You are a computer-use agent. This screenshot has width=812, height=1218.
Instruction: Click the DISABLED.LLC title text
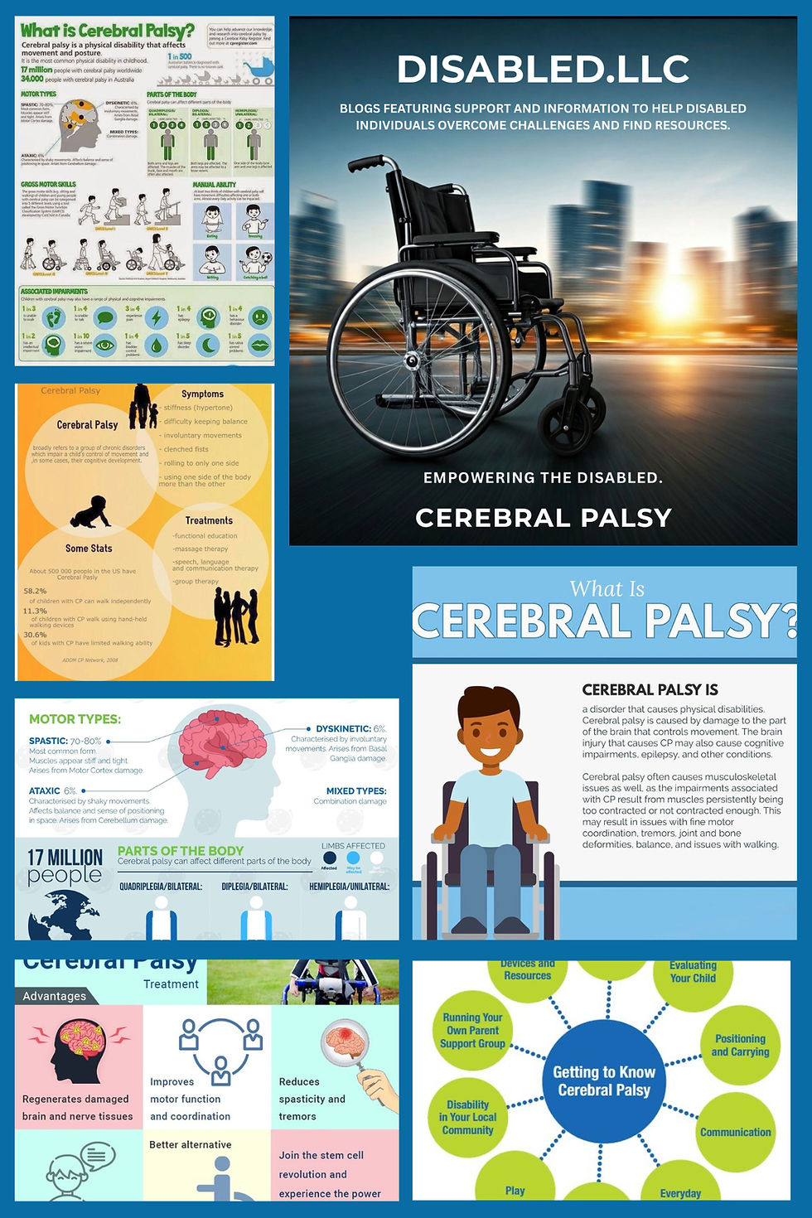[543, 70]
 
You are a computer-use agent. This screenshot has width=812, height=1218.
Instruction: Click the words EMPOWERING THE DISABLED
[543, 478]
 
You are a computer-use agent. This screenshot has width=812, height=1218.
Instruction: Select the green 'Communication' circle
[735, 1132]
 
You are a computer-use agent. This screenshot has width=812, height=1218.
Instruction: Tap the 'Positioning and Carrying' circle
[740, 1046]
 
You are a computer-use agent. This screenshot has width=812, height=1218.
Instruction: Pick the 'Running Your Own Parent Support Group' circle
[472, 1030]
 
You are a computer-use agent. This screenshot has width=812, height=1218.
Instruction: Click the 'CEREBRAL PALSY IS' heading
[650, 689]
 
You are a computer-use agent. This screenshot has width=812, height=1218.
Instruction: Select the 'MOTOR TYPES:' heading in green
[75, 719]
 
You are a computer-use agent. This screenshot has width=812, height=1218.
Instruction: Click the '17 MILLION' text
[65, 857]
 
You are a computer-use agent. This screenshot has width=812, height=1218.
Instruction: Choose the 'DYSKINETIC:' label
[342, 729]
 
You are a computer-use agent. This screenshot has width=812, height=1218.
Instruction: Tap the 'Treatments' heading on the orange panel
[209, 520]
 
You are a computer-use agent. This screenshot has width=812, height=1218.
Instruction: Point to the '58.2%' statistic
[35, 591]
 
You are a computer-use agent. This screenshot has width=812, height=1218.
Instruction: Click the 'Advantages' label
[54, 996]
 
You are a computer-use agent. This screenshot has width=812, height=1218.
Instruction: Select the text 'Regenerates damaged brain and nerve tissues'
[77, 1108]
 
